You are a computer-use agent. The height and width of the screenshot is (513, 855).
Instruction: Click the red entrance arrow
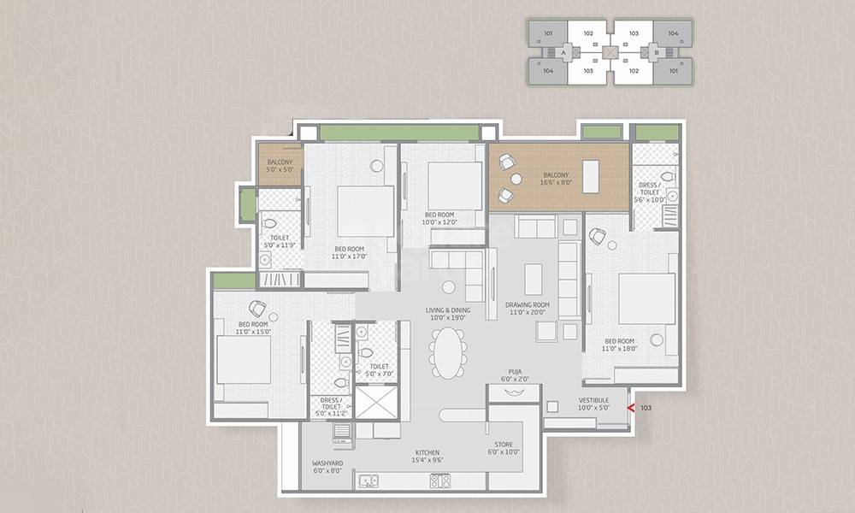click(x=630, y=409)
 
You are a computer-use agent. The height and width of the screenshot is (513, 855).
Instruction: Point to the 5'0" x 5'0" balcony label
click(x=280, y=170)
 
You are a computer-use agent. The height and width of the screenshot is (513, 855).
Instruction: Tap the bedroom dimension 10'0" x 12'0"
click(x=439, y=221)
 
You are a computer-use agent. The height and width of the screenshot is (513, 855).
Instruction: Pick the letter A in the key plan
click(x=564, y=53)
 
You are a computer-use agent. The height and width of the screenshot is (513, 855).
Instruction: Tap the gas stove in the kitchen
click(x=440, y=481)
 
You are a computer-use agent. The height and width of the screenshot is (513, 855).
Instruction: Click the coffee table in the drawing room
click(x=534, y=279)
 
